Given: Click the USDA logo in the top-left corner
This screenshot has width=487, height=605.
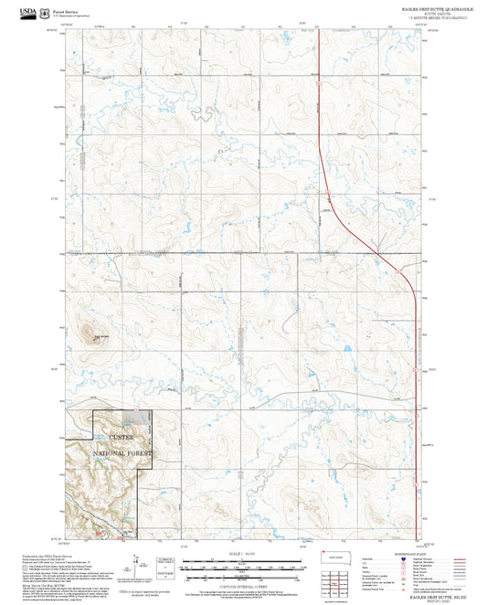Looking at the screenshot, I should pyautogui.click(x=29, y=12).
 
